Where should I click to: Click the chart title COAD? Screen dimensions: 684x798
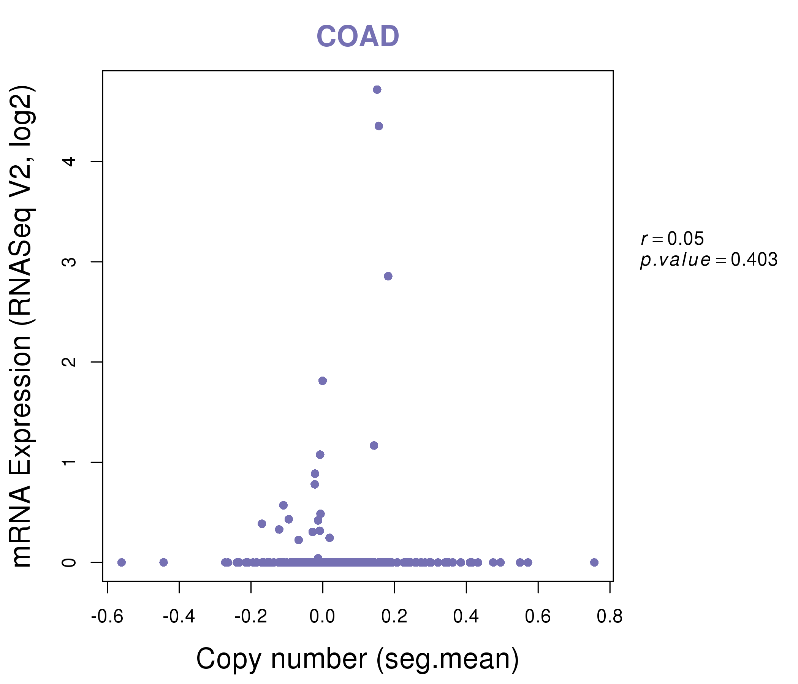pos(358,36)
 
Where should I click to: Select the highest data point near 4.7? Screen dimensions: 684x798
pos(377,90)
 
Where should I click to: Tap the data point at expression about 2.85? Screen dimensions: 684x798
pos(388,276)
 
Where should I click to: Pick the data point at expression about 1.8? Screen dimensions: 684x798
pos(322,380)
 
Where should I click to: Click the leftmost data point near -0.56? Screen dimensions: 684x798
pos(121,562)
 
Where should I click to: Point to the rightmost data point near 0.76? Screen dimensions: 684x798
pos(594,562)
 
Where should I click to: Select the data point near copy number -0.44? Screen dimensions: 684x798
pos(163,562)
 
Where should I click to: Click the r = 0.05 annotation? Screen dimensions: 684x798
pos(672,239)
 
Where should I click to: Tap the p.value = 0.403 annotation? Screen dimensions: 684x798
pos(709,260)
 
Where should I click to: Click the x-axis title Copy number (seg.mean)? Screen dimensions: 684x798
pos(358,659)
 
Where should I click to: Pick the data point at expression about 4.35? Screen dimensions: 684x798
pos(378,126)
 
